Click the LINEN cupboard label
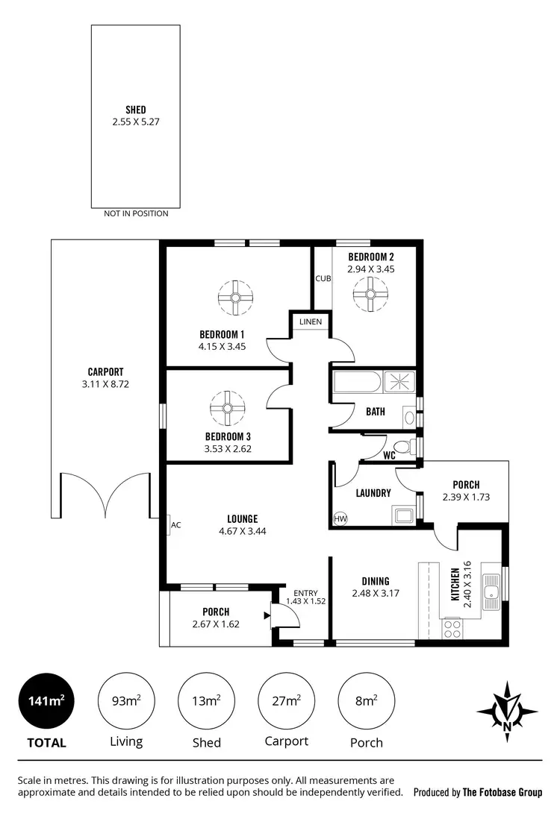311,321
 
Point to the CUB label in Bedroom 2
323,279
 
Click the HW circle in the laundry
340,518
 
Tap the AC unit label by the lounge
176,525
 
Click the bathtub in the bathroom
357,383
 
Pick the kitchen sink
491,593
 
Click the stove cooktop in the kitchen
452,629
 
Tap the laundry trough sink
403,514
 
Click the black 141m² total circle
46,701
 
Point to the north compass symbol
508,708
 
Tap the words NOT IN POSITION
136,213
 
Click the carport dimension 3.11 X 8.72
105,384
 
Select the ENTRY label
305,593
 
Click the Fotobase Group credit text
478,792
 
